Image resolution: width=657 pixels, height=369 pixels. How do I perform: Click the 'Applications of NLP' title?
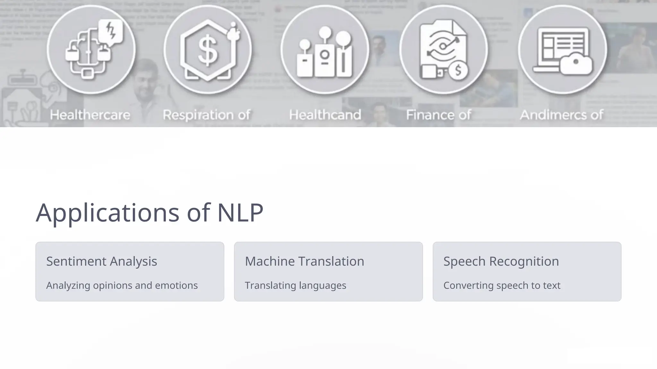pos(149,212)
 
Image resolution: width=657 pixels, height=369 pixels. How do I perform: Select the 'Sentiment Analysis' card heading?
pos(102,261)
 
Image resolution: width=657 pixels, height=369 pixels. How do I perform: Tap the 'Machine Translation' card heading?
pos(304,261)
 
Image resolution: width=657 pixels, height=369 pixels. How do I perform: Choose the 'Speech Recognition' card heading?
pos(501,261)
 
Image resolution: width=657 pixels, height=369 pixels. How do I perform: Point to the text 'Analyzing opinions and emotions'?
pos(122,285)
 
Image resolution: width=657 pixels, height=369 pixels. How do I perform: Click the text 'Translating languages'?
pos(295,285)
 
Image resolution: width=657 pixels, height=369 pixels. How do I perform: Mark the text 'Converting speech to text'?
pos(502,285)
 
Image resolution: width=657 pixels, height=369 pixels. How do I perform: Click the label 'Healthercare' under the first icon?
pos(90,115)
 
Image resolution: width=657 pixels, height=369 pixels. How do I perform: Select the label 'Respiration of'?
pos(207,115)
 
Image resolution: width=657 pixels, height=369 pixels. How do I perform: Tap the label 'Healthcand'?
pos(325,115)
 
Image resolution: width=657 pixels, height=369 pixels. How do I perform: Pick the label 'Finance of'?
pos(439,115)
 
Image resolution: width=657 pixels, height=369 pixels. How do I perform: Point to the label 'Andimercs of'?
pos(561,115)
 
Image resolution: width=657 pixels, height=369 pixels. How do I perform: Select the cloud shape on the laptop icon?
pos(576,64)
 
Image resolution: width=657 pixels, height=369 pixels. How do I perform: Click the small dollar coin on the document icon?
pos(458,70)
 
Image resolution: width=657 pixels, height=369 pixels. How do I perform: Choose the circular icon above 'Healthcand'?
pos(325,50)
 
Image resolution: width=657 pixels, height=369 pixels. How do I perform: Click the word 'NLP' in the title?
pos(240,212)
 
